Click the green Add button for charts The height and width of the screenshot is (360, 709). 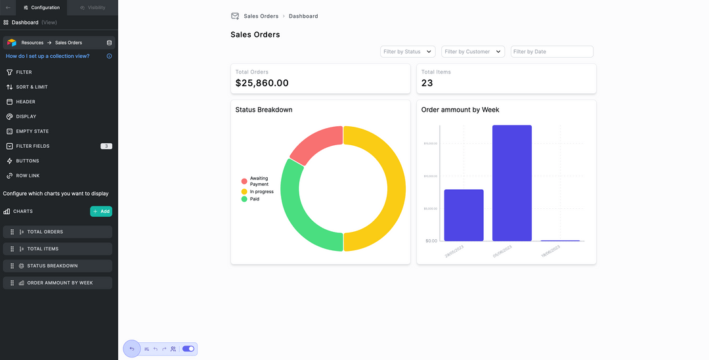(x=101, y=212)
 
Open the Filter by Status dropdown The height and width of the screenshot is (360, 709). (x=408, y=51)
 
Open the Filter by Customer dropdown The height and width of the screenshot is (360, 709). (x=473, y=51)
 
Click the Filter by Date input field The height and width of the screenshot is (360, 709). (x=551, y=51)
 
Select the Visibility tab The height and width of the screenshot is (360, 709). (x=92, y=7)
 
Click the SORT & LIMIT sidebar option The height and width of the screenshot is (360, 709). (x=32, y=87)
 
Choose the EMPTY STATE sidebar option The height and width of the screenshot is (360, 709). (x=32, y=131)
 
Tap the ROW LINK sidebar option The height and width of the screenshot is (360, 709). (x=28, y=175)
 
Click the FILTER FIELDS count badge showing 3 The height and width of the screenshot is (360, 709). (x=106, y=146)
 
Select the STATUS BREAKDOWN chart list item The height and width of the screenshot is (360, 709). (x=58, y=266)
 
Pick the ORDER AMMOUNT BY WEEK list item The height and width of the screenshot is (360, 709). (x=58, y=283)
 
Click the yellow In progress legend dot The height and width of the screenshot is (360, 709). (x=244, y=192)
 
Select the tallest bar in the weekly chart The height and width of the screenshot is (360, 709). (x=512, y=183)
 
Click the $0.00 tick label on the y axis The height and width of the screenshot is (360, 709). (x=431, y=240)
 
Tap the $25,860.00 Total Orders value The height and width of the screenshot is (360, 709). (x=262, y=83)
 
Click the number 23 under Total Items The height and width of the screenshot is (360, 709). (x=427, y=83)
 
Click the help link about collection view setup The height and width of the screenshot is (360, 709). (x=48, y=56)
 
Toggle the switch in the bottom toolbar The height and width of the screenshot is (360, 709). (x=188, y=349)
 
